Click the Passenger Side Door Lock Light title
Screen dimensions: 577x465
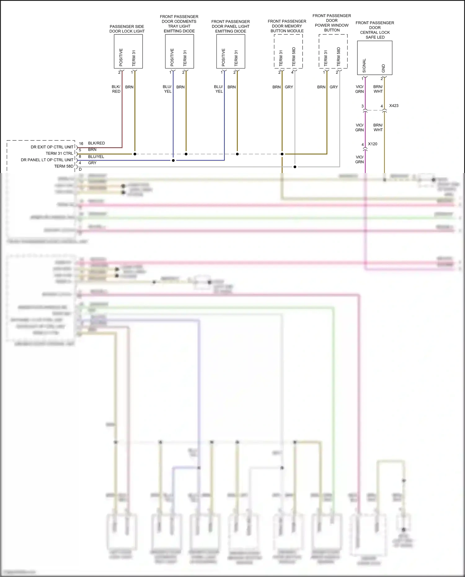click(x=127, y=29)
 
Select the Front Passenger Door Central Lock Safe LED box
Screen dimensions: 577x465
click(x=374, y=58)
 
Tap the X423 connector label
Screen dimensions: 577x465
click(x=394, y=106)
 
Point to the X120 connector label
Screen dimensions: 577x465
click(x=373, y=144)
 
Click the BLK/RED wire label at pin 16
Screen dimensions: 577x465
click(x=96, y=143)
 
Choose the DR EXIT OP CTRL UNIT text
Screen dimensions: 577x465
click(x=52, y=147)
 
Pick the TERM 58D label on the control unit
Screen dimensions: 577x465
click(x=64, y=166)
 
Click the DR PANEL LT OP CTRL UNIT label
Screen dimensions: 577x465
click(x=47, y=160)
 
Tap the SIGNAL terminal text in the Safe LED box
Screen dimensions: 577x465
click(x=364, y=66)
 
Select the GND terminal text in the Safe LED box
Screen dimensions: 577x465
click(x=383, y=69)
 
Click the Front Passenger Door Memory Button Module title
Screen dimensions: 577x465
click(x=287, y=26)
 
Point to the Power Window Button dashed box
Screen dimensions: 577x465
click(x=333, y=51)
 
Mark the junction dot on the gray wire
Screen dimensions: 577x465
click(x=295, y=167)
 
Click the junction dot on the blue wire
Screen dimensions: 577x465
click(x=173, y=160)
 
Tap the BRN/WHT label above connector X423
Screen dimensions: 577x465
click(x=378, y=89)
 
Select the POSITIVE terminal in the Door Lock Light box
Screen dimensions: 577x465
click(x=121, y=57)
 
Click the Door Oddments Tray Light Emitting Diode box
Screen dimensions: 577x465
click(x=179, y=51)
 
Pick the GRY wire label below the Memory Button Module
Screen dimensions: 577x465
click(x=289, y=87)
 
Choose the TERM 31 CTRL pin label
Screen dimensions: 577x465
click(x=60, y=153)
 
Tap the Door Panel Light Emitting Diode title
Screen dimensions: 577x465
click(x=231, y=26)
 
